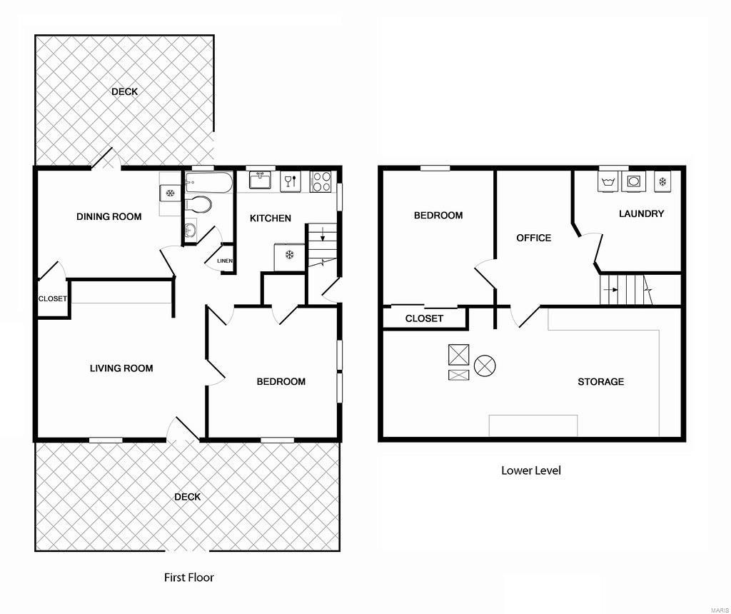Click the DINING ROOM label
pyautogui.click(x=109, y=216)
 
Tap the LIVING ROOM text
pyautogui.click(x=121, y=368)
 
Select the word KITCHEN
pyautogui.click(x=270, y=218)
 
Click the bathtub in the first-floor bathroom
pyautogui.click(x=208, y=183)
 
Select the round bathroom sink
pyautogui.click(x=190, y=230)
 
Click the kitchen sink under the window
pyautogui.click(x=260, y=181)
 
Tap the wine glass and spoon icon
pyautogui.click(x=290, y=181)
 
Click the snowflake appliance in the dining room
pyautogui.click(x=170, y=193)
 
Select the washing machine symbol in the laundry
pyautogui.click(x=608, y=181)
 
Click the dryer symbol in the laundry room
pyautogui.click(x=633, y=181)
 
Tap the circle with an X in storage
pyautogui.click(x=485, y=366)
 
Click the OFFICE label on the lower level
pyautogui.click(x=533, y=238)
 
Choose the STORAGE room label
pyautogui.click(x=600, y=382)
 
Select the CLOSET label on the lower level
pyautogui.click(x=424, y=318)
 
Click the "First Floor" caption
pyautogui.click(x=188, y=577)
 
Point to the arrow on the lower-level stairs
pyautogui.click(x=610, y=290)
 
